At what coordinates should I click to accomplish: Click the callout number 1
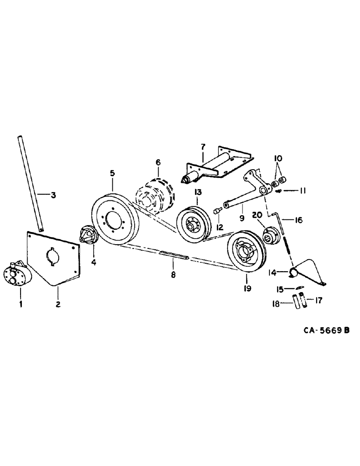[20, 292]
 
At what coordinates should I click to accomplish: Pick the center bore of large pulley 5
[112, 219]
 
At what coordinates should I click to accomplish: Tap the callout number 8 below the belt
[173, 275]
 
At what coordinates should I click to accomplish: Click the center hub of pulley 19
[246, 254]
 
